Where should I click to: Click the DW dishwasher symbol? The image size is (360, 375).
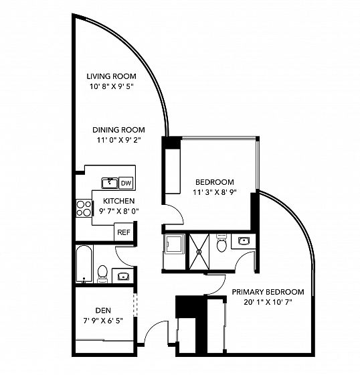coord(126,183)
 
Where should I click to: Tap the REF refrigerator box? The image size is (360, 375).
coord(124,232)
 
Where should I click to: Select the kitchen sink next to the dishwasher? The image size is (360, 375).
coord(110,183)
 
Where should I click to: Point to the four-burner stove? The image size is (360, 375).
coord(84,208)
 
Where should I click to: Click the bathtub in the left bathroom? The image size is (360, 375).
coord(84,264)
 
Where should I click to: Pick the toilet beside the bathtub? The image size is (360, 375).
coord(103,274)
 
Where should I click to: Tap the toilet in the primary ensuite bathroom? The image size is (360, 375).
coord(221,243)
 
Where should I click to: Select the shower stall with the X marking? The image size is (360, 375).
coord(199,252)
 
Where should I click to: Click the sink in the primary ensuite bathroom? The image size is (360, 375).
coord(244,240)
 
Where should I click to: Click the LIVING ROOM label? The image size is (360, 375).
coord(111,76)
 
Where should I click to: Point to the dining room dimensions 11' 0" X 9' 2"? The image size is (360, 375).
coord(118,140)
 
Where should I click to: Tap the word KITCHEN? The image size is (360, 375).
coord(119,201)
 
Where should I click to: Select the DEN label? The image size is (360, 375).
coord(103,311)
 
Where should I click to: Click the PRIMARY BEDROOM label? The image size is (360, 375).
coord(268,292)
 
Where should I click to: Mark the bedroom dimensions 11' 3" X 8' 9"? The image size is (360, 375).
coord(215,192)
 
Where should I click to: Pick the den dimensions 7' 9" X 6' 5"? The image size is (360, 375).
coord(103,321)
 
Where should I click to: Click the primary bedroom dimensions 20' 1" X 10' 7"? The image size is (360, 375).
coord(268,302)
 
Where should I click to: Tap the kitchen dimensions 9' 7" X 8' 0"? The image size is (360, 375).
coord(119,211)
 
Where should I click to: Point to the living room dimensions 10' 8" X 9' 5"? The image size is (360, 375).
coord(111,86)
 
